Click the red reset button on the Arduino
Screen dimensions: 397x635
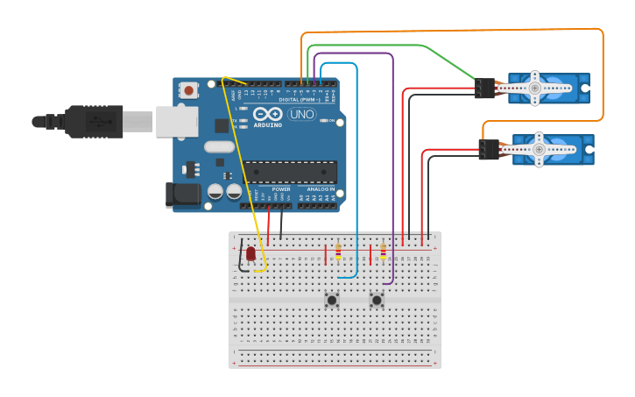[188, 89]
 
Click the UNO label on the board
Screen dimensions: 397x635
[301, 114]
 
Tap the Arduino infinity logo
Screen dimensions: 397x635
[268, 114]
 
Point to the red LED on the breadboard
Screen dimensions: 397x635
[250, 253]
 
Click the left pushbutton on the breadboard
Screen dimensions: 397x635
[332, 300]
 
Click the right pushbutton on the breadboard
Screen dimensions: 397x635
[377, 300]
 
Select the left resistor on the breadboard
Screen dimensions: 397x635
[338, 252]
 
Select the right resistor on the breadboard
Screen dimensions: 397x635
[383, 252]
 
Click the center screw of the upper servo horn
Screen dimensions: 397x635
[535, 88]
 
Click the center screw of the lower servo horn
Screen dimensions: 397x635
[539, 150]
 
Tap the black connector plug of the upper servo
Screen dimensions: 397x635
[484, 88]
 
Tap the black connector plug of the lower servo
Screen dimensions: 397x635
[489, 150]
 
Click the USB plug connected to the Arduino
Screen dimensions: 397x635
[96, 122]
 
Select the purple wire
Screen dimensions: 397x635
[392, 175]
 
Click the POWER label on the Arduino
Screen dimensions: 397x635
[281, 189]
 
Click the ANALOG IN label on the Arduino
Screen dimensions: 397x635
[318, 189]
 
